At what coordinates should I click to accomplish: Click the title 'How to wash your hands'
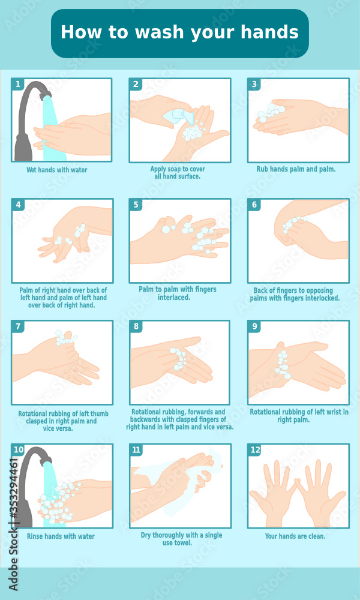pyautogui.click(x=179, y=32)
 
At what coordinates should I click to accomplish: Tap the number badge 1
pyautogui.click(x=18, y=85)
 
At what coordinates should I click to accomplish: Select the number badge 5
pyautogui.click(x=136, y=205)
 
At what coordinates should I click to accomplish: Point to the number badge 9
pyautogui.click(x=255, y=327)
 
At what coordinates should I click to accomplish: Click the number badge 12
pyautogui.click(x=255, y=450)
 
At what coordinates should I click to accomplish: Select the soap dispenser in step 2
pyautogui.click(x=179, y=115)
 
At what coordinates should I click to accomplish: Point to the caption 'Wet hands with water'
pyautogui.click(x=57, y=170)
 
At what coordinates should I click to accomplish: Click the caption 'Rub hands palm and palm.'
pyautogui.click(x=296, y=169)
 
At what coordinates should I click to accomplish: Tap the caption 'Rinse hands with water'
pyautogui.click(x=61, y=536)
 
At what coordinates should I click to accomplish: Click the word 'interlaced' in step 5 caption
pyautogui.click(x=174, y=297)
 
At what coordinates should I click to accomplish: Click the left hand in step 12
pyautogui.click(x=273, y=492)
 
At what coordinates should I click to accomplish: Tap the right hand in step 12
pyautogui.click(x=321, y=492)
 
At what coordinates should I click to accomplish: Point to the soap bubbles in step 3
pyautogui.click(x=271, y=112)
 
